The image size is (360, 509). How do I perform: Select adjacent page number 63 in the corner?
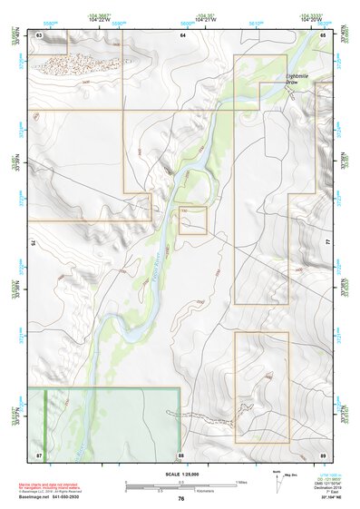39,34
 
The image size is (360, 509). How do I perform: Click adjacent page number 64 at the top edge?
181,34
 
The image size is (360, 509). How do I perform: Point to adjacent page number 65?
323,34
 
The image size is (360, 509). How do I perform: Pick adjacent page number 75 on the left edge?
35,243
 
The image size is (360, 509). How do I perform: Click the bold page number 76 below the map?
181,498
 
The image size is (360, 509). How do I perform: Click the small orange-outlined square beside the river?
192,220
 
